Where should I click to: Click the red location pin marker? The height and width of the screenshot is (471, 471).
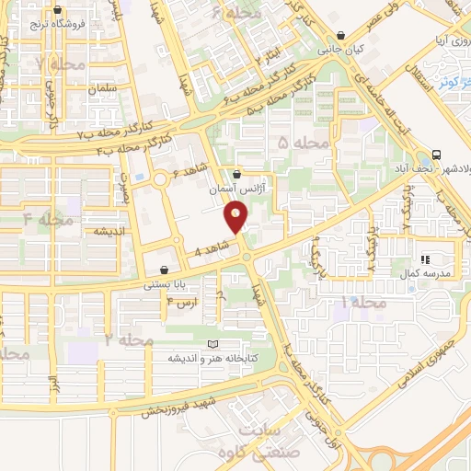[236, 217]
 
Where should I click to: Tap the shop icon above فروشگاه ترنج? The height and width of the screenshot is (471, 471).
[59, 11]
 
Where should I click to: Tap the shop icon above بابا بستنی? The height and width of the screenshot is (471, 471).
[164, 270]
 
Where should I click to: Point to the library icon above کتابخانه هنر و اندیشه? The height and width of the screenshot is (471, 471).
[213, 343]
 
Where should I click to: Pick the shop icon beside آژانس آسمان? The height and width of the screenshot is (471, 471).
[237, 174]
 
